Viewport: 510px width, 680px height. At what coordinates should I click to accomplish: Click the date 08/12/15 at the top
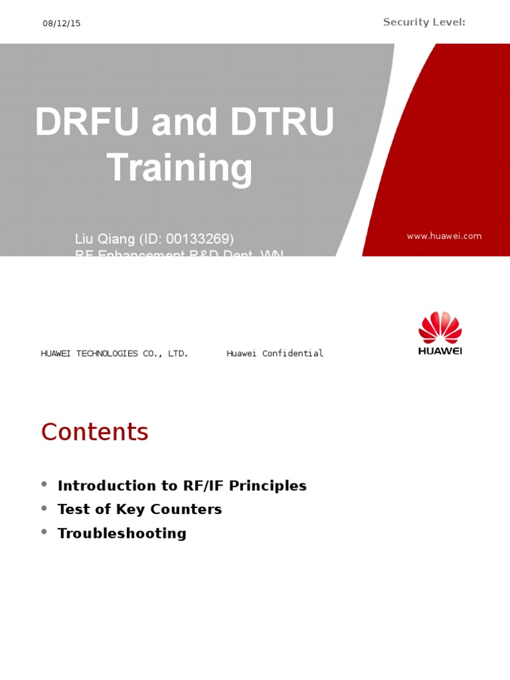[62, 23]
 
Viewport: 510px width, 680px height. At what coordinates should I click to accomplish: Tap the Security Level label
[424, 23]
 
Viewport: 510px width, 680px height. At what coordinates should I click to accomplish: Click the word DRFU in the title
[87, 123]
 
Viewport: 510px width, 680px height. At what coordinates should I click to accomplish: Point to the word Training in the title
[179, 167]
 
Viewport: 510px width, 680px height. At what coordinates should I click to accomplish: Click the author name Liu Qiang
[104, 238]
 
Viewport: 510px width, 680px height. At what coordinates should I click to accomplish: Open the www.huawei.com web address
[444, 236]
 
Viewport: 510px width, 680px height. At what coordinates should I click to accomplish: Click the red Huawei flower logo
[440, 327]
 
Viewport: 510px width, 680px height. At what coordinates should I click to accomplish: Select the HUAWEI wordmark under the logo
[440, 351]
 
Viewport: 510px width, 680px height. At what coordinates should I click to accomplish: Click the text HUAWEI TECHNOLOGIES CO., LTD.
[114, 353]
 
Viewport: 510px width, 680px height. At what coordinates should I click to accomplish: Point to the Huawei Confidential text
[275, 353]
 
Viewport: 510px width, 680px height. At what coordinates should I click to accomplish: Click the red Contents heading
[94, 432]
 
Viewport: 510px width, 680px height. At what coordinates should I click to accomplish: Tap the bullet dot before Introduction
[44, 485]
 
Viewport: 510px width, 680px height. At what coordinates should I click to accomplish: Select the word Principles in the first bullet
[268, 485]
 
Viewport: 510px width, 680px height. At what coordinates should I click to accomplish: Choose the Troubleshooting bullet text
[122, 533]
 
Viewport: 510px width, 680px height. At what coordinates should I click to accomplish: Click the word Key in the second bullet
[132, 509]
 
